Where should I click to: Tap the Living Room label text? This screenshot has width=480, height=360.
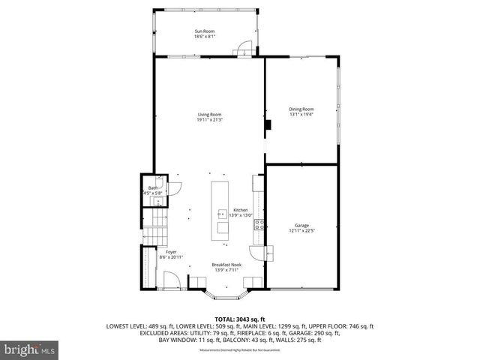[209, 113]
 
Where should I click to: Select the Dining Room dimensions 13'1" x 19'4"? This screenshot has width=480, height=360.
[301, 114]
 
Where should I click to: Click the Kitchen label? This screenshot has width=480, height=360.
[240, 210]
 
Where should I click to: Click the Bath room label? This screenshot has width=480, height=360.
[152, 187]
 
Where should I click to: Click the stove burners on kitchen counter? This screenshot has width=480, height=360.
[257, 226]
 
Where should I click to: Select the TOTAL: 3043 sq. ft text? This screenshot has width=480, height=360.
[240, 319]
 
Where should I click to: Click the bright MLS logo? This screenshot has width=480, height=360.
[30, 349]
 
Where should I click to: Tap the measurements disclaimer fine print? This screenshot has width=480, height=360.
[239, 350]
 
